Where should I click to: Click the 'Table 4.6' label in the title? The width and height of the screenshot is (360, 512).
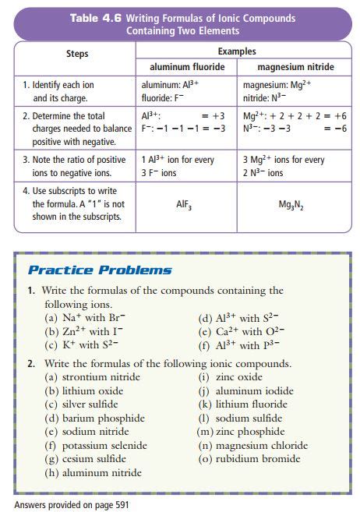point(95,18)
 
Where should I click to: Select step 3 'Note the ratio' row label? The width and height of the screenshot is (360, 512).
point(73,166)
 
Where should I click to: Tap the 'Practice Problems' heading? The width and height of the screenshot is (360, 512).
point(100,270)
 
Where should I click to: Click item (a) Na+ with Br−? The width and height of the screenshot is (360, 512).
point(86,318)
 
